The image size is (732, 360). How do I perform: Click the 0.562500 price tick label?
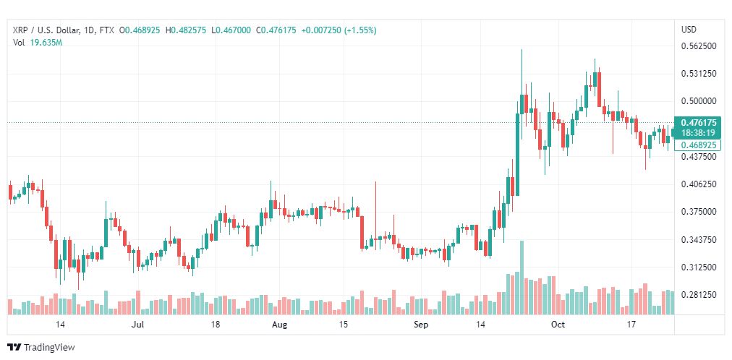pos(699,46)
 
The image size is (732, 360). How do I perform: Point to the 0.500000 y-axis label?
pos(699,101)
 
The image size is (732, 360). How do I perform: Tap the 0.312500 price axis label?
pos(699,267)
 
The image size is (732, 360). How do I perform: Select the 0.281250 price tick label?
pos(699,295)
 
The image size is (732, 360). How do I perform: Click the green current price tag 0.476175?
pos(699,123)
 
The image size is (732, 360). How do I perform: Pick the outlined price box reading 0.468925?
pos(699,145)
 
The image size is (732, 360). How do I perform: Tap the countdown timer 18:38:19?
pos(699,132)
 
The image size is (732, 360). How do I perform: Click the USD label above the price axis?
pos(689,30)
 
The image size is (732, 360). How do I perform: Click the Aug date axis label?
pos(279,325)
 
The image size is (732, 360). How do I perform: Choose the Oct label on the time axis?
pos(558,325)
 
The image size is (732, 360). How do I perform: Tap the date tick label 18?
pos(216,325)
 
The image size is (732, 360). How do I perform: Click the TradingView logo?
pos(41,348)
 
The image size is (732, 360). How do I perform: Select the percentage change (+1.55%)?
pos(360,30)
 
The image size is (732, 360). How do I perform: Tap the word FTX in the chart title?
pos(107,30)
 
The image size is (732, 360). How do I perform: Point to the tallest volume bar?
pos(522,278)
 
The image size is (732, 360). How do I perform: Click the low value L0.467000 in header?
pos(231,30)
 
